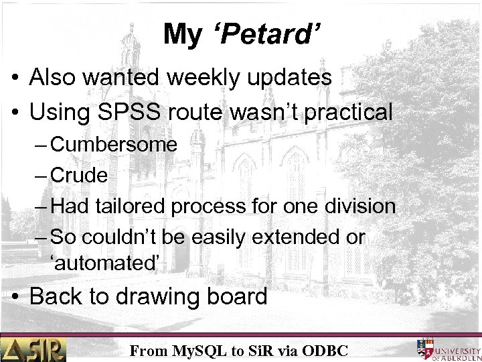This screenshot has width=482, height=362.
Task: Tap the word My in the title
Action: coord(181,34)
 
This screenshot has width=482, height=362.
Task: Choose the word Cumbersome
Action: coord(114,145)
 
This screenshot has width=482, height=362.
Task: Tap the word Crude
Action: coord(79,176)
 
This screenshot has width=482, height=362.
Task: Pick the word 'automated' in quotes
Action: coord(105,263)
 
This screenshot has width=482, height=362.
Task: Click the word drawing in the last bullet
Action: coord(168,296)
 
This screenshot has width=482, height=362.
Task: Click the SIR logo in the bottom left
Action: coord(33,349)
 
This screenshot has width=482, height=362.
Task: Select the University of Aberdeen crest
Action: coord(425,349)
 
